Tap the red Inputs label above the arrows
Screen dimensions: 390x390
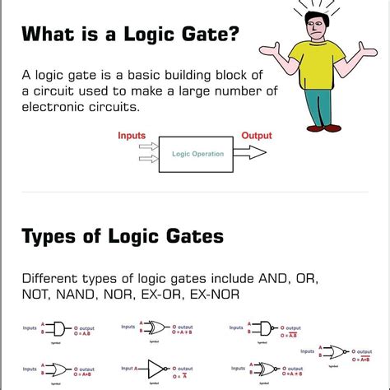pos(132,135)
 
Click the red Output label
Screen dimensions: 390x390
pos(257,135)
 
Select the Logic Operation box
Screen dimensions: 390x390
pos(197,154)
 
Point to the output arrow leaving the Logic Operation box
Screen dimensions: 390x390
pos(254,153)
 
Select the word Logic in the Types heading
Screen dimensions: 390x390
pos(133,237)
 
